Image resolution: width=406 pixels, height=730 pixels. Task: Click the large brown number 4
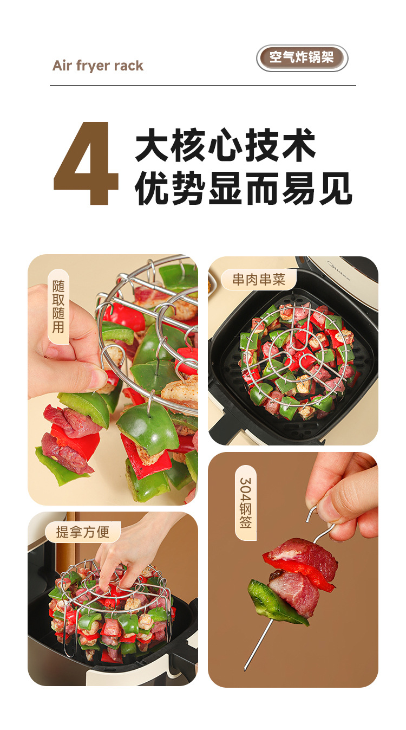coord(86,163)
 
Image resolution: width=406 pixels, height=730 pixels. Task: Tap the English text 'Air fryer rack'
coord(97,66)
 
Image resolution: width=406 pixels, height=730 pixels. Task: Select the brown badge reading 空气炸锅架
coord(302,58)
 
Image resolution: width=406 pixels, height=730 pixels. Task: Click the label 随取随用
coord(58,306)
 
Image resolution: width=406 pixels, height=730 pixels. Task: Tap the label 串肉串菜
coord(259,279)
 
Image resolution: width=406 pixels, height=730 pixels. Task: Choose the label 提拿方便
coord(83,532)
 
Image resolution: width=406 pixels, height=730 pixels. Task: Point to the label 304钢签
coord(246,503)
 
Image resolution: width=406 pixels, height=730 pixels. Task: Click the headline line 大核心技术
coord(226,145)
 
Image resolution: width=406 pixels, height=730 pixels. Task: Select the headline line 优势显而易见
coord(244,189)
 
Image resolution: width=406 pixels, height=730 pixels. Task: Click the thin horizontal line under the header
coord(203,86)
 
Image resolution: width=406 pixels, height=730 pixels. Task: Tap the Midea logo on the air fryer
coord(339,270)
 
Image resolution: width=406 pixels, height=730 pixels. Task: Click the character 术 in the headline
coord(299,145)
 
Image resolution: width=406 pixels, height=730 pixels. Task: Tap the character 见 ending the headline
coord(336,189)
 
